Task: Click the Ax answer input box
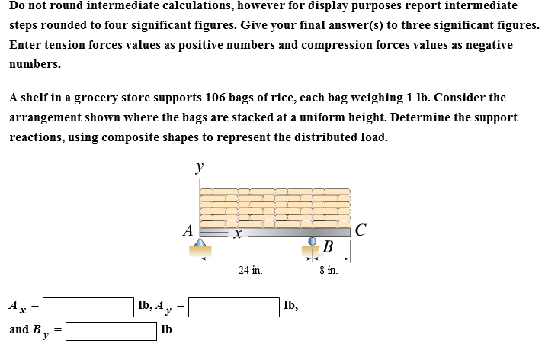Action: [88, 307]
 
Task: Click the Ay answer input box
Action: [233, 307]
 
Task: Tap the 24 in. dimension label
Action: [250, 270]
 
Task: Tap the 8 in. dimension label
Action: [329, 270]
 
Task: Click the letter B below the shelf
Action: [328, 246]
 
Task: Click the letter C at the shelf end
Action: [361, 228]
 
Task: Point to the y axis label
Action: [199, 166]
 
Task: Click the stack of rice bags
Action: [274, 206]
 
